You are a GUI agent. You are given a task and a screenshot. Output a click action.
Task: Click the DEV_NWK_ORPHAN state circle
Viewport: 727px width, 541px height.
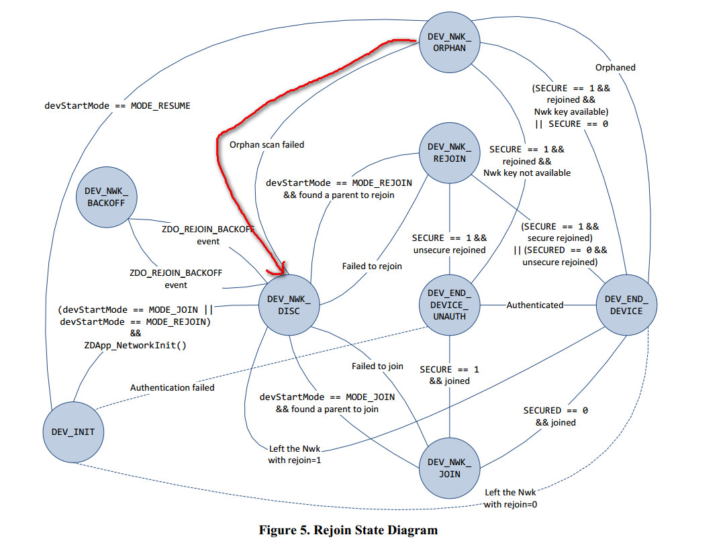pos(449,42)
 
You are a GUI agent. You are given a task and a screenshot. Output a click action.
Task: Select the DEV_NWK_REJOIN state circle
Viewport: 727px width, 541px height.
pos(449,152)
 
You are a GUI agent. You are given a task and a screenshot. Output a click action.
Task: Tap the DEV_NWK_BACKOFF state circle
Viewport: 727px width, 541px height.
pos(106,197)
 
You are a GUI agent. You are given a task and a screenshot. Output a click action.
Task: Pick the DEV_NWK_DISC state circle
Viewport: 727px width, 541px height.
pos(289,305)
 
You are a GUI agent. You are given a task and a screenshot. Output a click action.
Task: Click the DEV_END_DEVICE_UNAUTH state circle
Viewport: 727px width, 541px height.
pos(449,305)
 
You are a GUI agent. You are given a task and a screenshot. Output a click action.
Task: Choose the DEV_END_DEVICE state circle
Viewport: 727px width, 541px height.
pos(626,305)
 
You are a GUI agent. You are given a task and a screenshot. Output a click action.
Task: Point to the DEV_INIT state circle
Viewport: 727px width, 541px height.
pos(73,432)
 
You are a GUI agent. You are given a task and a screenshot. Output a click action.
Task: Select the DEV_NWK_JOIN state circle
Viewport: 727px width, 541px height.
pos(449,469)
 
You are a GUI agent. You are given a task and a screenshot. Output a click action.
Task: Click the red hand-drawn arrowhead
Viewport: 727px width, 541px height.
pos(278,269)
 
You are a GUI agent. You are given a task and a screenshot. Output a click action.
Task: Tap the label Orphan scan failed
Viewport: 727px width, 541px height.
pos(266,144)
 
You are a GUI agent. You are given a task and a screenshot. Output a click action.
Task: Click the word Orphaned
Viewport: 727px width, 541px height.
pos(616,68)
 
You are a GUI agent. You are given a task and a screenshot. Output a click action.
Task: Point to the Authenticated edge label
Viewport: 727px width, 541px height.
pos(534,305)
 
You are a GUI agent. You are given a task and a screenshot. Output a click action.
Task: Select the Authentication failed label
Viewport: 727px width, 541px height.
pos(172,387)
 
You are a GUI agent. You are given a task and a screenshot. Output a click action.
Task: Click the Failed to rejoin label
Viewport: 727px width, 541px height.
pos(372,266)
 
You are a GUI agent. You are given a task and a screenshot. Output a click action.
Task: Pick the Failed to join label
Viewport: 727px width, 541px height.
pos(377,366)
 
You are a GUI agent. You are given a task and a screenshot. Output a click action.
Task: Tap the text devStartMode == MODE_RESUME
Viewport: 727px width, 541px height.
pos(117,105)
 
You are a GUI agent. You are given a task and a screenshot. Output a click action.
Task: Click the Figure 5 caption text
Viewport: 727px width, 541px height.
pos(348,530)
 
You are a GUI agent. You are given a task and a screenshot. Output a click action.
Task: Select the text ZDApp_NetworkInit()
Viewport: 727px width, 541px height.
pos(135,346)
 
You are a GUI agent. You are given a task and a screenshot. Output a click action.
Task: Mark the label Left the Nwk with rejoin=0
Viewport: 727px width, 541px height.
pos(510,498)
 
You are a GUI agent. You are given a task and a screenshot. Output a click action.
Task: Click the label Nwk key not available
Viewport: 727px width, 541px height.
pos(527,173)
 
